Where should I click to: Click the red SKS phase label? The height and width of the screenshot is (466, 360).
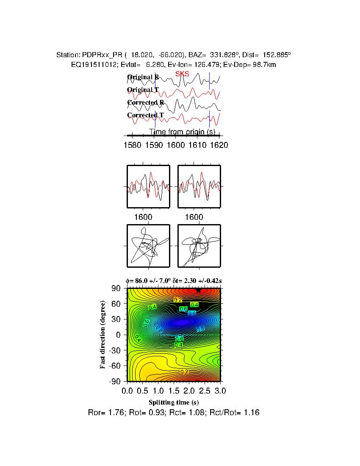coord(183,74)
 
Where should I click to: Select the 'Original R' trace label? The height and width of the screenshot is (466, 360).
coord(143,77)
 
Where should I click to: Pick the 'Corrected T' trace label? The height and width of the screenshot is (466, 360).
coord(145,115)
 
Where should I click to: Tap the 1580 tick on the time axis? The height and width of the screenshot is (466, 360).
coord(132,145)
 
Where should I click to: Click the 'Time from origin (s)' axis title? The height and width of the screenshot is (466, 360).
coord(182,132)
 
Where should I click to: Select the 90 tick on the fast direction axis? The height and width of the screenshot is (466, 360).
coord(117,288)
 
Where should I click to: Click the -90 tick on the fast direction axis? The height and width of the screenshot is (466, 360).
coord(116,381)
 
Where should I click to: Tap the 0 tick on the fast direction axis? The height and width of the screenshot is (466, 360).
coord(120,335)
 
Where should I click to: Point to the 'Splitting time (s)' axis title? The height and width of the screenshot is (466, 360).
coord(174,402)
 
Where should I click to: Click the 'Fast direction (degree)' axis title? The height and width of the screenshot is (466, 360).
coord(103,335)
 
